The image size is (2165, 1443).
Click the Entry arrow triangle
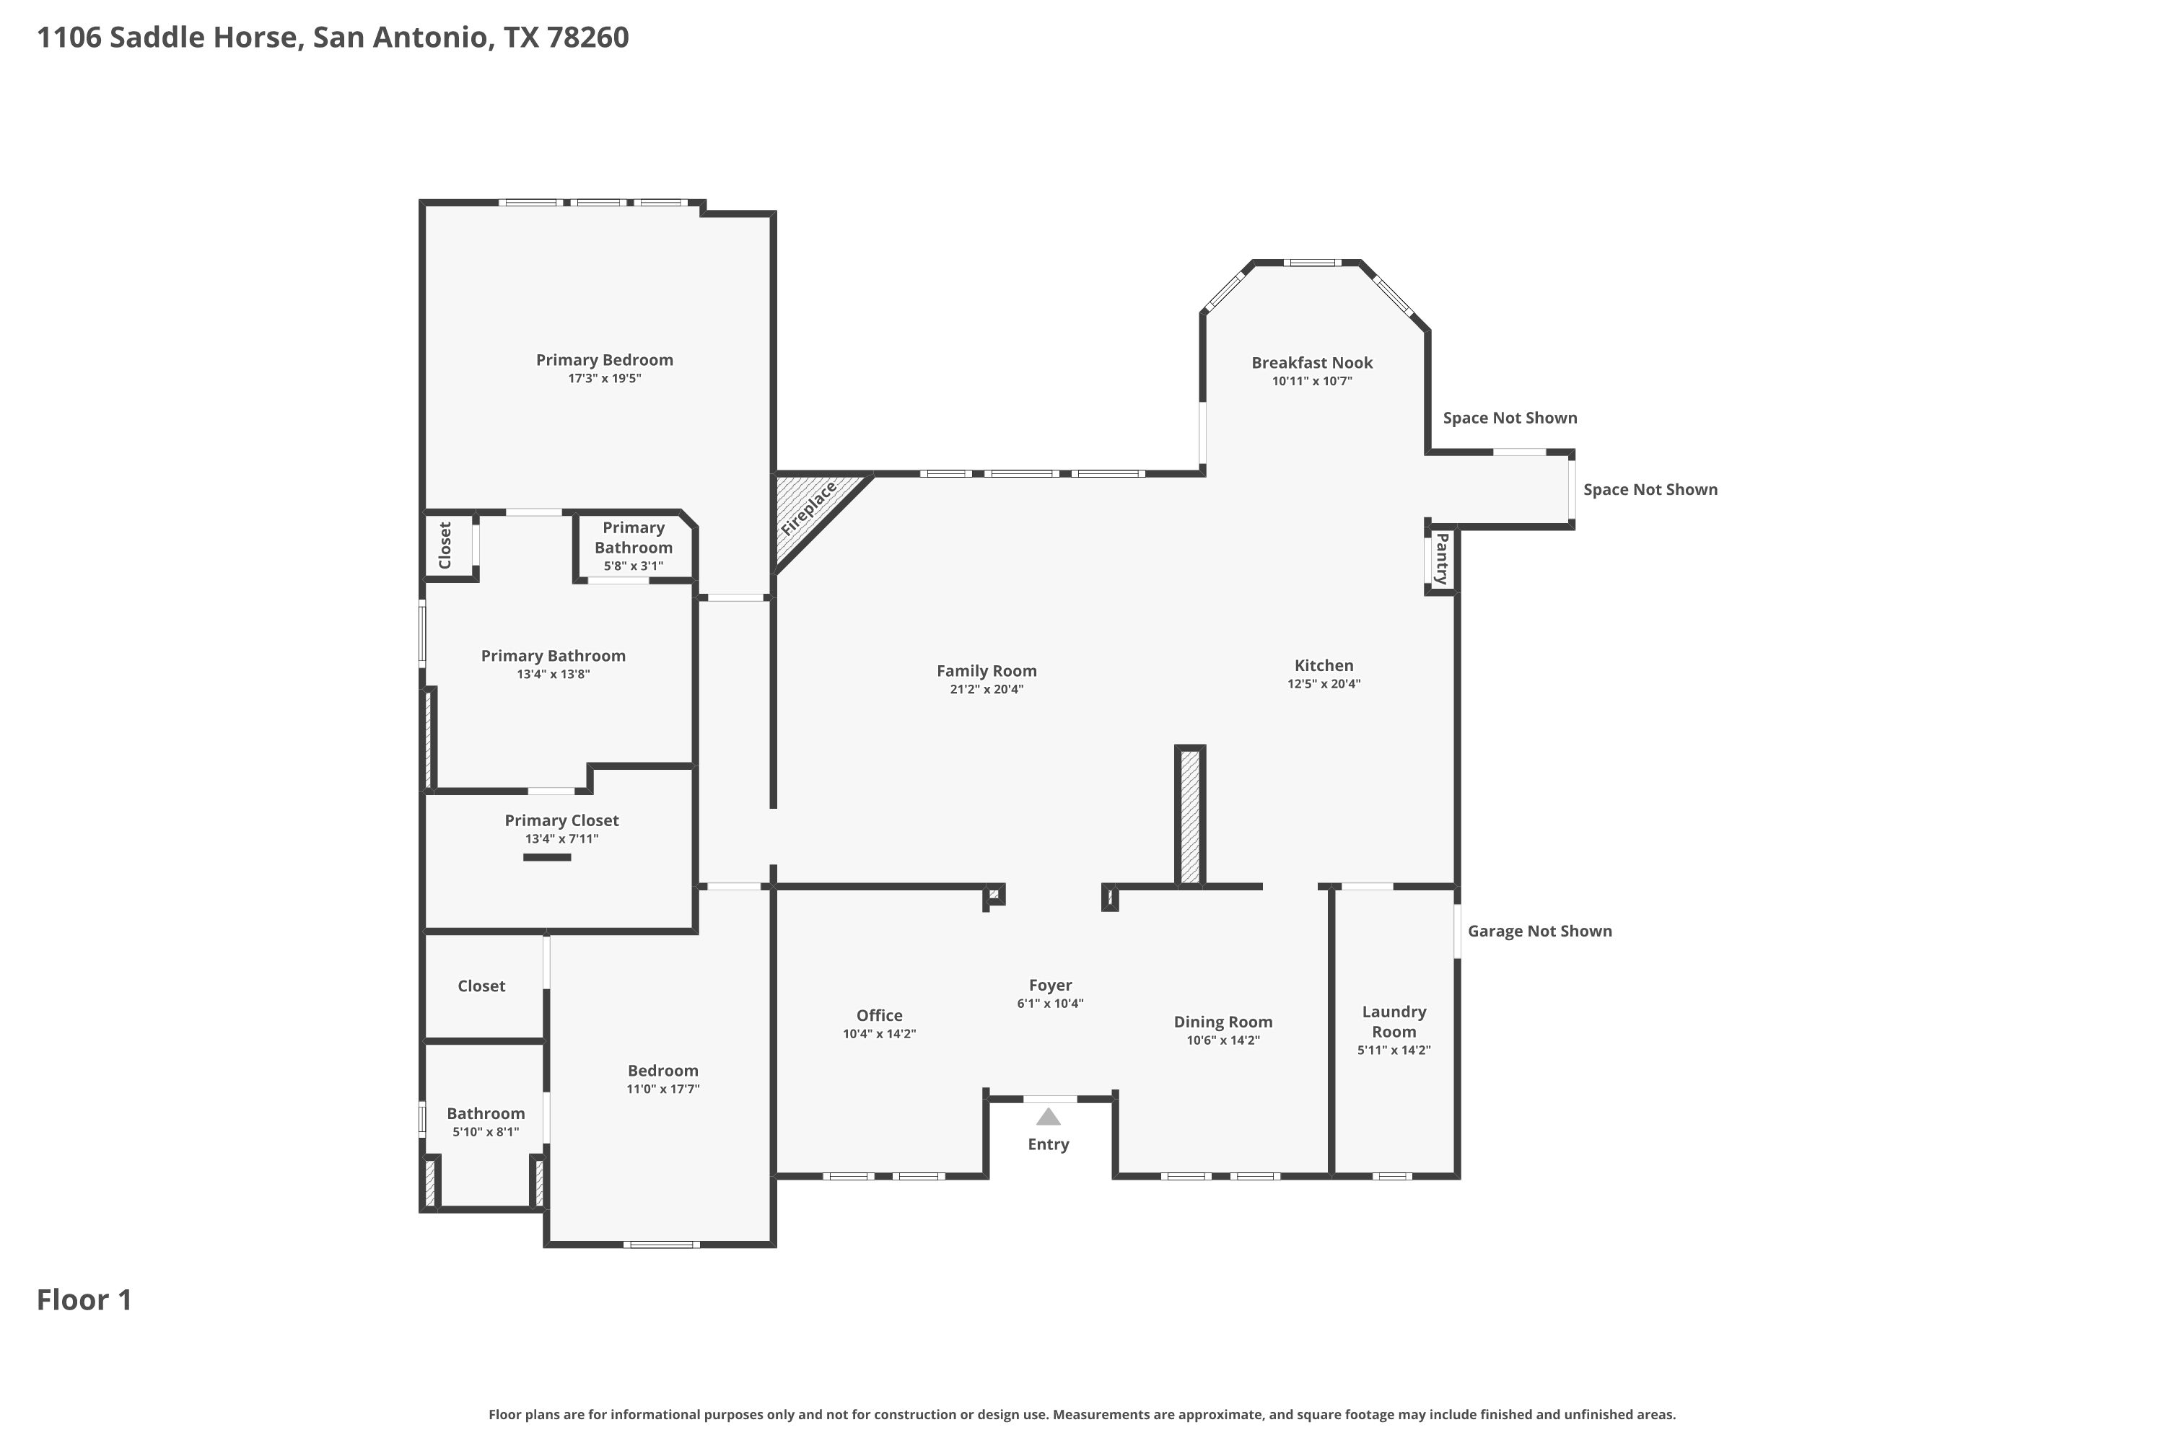[x=1049, y=1116]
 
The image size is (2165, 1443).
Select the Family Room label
[x=987, y=671]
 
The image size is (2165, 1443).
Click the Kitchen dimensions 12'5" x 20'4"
[x=1324, y=684]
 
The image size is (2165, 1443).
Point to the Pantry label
[x=1441, y=558]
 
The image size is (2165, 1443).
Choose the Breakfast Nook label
[x=1312, y=363]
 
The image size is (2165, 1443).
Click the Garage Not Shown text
[x=1540, y=931]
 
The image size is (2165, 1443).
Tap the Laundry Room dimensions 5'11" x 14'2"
[x=1394, y=1050]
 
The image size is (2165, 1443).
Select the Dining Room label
[x=1223, y=1022]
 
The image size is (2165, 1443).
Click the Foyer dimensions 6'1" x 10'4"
[x=1050, y=1003]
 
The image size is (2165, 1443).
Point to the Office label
[x=879, y=1015]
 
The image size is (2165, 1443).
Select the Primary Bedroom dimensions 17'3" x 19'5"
[x=604, y=378]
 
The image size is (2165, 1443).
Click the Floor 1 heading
[x=84, y=1299]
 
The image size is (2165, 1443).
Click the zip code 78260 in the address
[x=587, y=37]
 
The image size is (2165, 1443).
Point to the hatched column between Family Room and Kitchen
[x=1190, y=816]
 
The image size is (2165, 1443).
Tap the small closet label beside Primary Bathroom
[x=445, y=545]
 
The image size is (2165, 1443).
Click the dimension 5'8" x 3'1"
[x=634, y=566]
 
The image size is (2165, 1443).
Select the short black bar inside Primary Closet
[x=547, y=858]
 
